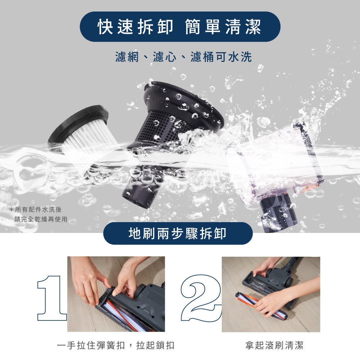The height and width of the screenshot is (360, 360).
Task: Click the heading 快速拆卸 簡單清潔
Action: coord(180,27)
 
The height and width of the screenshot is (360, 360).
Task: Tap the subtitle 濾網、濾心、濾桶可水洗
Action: coord(184,57)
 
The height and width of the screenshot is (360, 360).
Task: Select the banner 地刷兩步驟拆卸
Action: coord(178,233)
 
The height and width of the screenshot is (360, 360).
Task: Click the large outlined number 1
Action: coord(52,298)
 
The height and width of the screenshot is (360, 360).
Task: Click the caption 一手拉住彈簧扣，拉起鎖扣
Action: coord(116,345)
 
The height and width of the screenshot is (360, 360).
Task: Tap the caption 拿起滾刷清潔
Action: coord(274,345)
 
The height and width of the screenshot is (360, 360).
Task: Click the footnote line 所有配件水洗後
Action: coord(35,210)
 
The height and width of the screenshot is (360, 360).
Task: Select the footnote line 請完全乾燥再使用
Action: coord(41,219)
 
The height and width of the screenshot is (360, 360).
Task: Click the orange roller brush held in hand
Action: coord(261,306)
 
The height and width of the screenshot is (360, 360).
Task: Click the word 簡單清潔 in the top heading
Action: coord(223,27)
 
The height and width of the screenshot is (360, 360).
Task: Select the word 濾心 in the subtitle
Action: coord(165,57)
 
